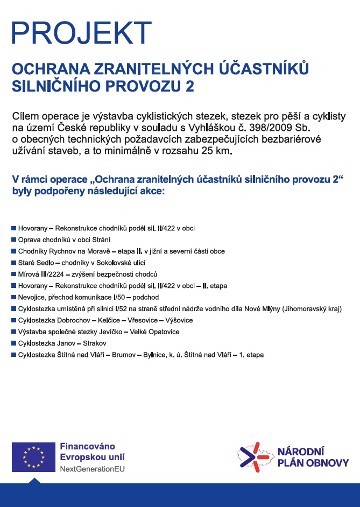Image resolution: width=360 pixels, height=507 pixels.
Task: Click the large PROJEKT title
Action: click(81, 33)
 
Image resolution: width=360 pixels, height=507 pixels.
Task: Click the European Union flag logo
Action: click(33, 457)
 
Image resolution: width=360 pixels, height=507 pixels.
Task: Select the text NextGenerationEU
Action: click(92, 469)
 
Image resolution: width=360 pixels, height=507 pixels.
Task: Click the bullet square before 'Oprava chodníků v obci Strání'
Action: click(13, 240)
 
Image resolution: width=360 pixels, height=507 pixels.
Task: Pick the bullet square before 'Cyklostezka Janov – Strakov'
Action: click(13, 343)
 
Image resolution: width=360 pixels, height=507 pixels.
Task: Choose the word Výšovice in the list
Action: click(179, 320)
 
